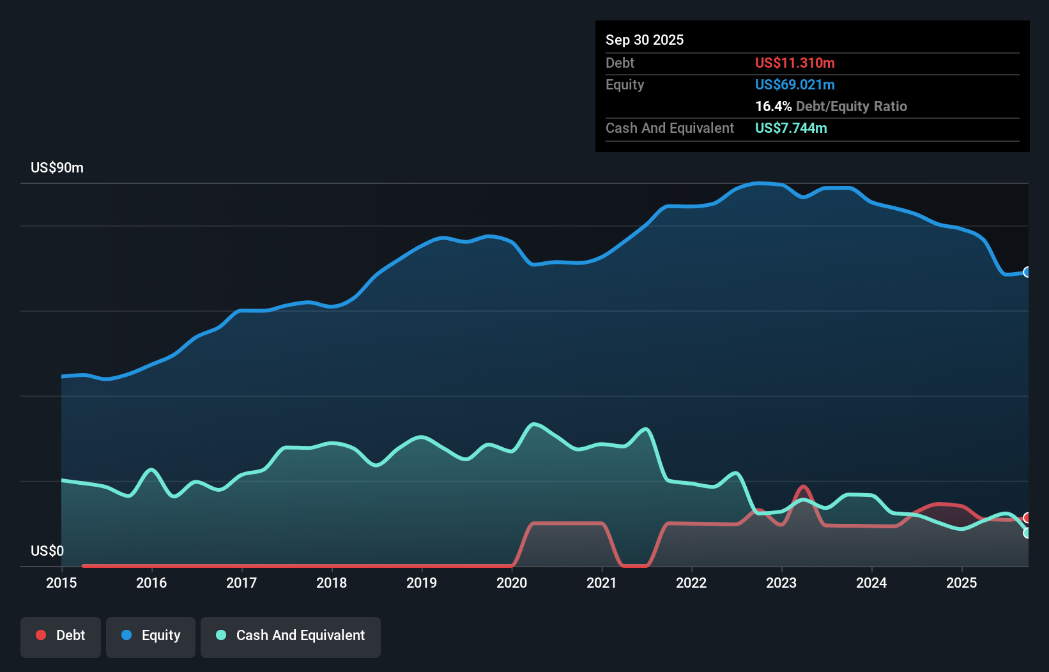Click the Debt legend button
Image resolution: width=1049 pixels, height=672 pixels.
[x=61, y=636]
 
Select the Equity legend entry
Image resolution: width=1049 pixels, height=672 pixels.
[x=151, y=636]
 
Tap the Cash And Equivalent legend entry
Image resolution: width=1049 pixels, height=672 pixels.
[x=291, y=636]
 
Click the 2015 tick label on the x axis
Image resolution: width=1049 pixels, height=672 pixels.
[x=61, y=583]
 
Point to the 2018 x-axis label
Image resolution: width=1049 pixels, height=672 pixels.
[x=332, y=583]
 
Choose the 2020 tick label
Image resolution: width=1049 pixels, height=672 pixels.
[x=512, y=583]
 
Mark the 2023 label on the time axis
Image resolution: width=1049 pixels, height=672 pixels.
[x=781, y=583]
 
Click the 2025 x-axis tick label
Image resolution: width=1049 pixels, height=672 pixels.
[x=961, y=583]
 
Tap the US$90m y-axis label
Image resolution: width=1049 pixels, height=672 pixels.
[x=57, y=168]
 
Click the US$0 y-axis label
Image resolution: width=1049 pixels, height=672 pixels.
[x=47, y=551]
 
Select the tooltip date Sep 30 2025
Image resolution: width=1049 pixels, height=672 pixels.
[x=645, y=40]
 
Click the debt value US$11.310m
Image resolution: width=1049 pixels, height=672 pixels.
[x=795, y=63]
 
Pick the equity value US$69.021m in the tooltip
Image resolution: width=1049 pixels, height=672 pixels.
[x=795, y=84]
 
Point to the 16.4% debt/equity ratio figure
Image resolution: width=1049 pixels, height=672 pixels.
[x=773, y=106]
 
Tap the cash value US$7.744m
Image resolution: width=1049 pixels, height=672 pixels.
[x=791, y=128]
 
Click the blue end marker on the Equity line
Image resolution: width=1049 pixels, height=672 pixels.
[x=1027, y=272]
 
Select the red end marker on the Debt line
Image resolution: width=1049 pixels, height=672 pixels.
[x=1027, y=517]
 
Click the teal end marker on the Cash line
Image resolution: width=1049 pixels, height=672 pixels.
[x=1027, y=533]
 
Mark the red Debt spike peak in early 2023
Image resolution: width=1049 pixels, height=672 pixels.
[x=803, y=487]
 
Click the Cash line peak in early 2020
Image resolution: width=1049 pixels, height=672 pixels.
[x=533, y=424]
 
